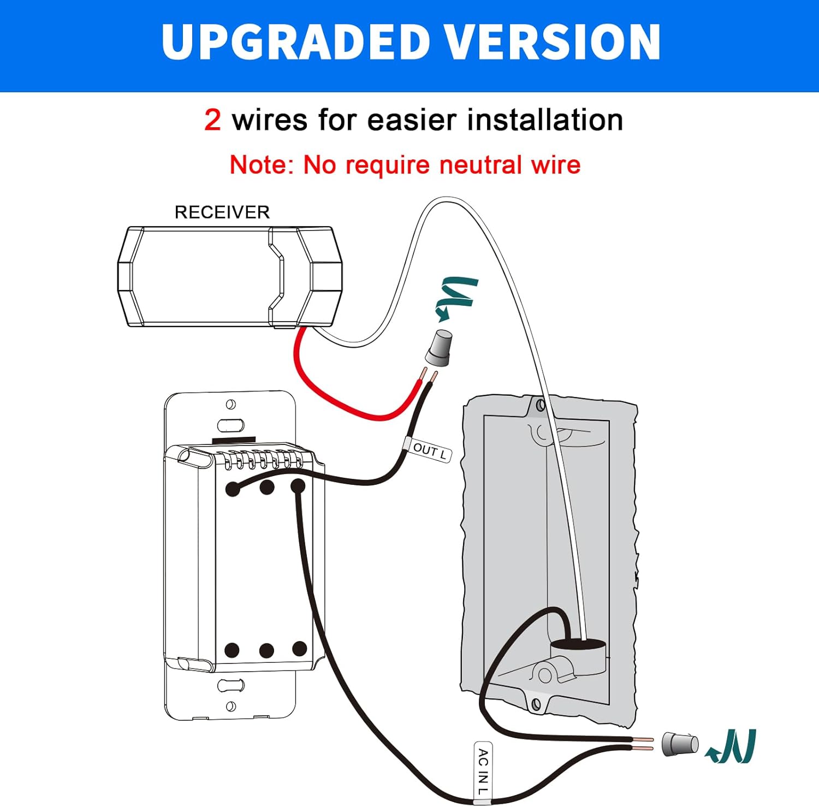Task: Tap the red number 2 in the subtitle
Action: (212, 120)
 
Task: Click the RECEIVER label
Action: (222, 212)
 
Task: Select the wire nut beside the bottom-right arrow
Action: (679, 744)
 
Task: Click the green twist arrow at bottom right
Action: (732, 746)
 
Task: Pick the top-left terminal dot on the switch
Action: (233, 489)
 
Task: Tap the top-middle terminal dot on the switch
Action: (267, 487)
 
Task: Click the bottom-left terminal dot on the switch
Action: (232, 650)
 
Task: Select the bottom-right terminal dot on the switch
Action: (299, 649)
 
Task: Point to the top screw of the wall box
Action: (541, 406)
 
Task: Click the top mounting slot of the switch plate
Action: (231, 425)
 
